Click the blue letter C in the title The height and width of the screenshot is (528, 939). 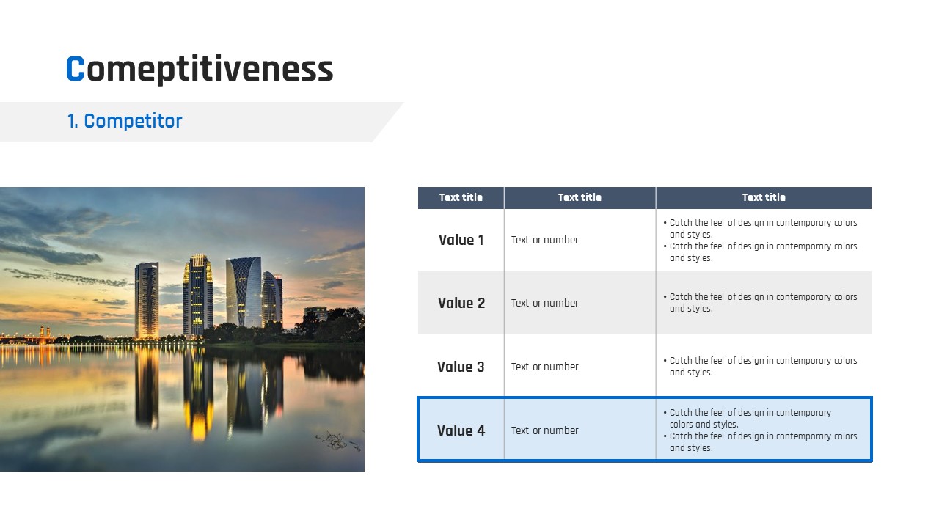pyautogui.click(x=75, y=69)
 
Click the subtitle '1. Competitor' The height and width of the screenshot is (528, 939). pyautogui.click(x=125, y=121)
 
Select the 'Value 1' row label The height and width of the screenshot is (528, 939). pyautogui.click(x=461, y=240)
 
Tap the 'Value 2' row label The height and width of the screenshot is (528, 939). pyautogui.click(x=461, y=303)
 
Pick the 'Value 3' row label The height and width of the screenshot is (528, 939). pyautogui.click(x=461, y=367)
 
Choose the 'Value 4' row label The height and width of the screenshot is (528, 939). pyautogui.click(x=461, y=430)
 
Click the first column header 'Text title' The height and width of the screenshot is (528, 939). pyautogui.click(x=461, y=197)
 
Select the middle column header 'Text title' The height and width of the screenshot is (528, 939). pyautogui.click(x=580, y=197)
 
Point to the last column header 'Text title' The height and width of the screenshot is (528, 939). pyautogui.click(x=764, y=197)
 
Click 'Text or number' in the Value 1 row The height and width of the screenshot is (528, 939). pyautogui.click(x=544, y=240)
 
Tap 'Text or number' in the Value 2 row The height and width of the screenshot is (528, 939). pyautogui.click(x=544, y=303)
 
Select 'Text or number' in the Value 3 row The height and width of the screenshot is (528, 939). pyautogui.click(x=544, y=367)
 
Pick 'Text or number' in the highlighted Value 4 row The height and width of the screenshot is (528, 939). pyautogui.click(x=544, y=430)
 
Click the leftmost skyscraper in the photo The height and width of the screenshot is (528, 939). pyautogui.click(x=147, y=300)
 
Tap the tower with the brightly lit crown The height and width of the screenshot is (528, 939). pyautogui.click(x=197, y=295)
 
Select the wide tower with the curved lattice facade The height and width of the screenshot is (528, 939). pyautogui.click(x=244, y=292)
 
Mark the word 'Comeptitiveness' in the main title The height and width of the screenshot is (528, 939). pyautogui.click(x=200, y=70)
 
